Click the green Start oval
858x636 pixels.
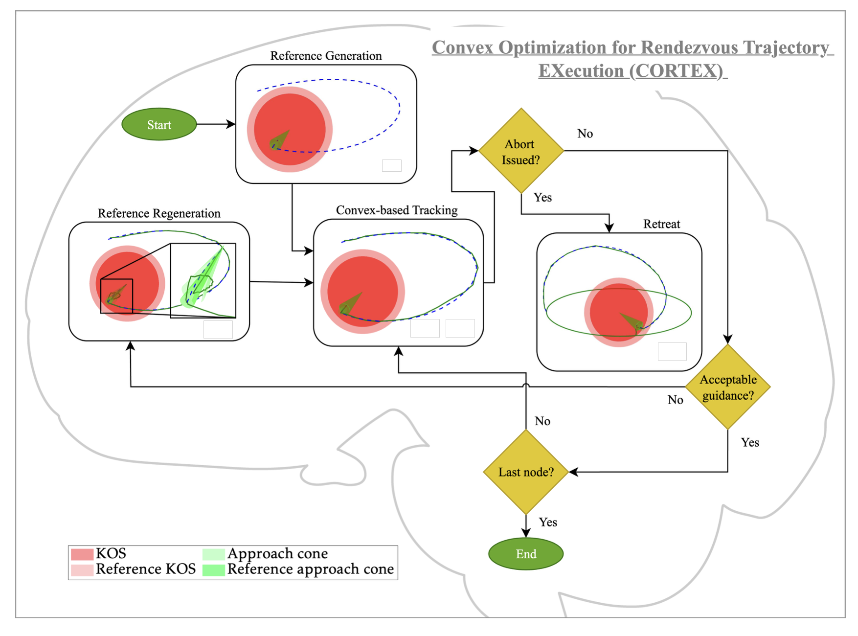point(159,125)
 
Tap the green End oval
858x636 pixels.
point(526,554)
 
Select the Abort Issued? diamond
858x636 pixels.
point(521,151)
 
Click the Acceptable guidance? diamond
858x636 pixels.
point(728,387)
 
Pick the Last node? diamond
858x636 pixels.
point(526,472)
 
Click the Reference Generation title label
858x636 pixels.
point(326,56)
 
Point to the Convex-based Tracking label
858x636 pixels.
point(397,210)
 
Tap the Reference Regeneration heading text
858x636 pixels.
point(159,213)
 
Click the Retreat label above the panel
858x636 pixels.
point(661,224)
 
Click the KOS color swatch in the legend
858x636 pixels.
point(82,554)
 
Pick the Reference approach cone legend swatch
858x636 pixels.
point(213,570)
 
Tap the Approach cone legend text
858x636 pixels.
point(277,553)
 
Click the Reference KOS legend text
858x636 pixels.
point(145,569)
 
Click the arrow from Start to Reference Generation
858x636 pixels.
point(215,124)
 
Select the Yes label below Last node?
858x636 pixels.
point(548,522)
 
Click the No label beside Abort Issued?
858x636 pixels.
point(585,134)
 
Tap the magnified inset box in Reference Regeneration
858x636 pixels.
point(203,280)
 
